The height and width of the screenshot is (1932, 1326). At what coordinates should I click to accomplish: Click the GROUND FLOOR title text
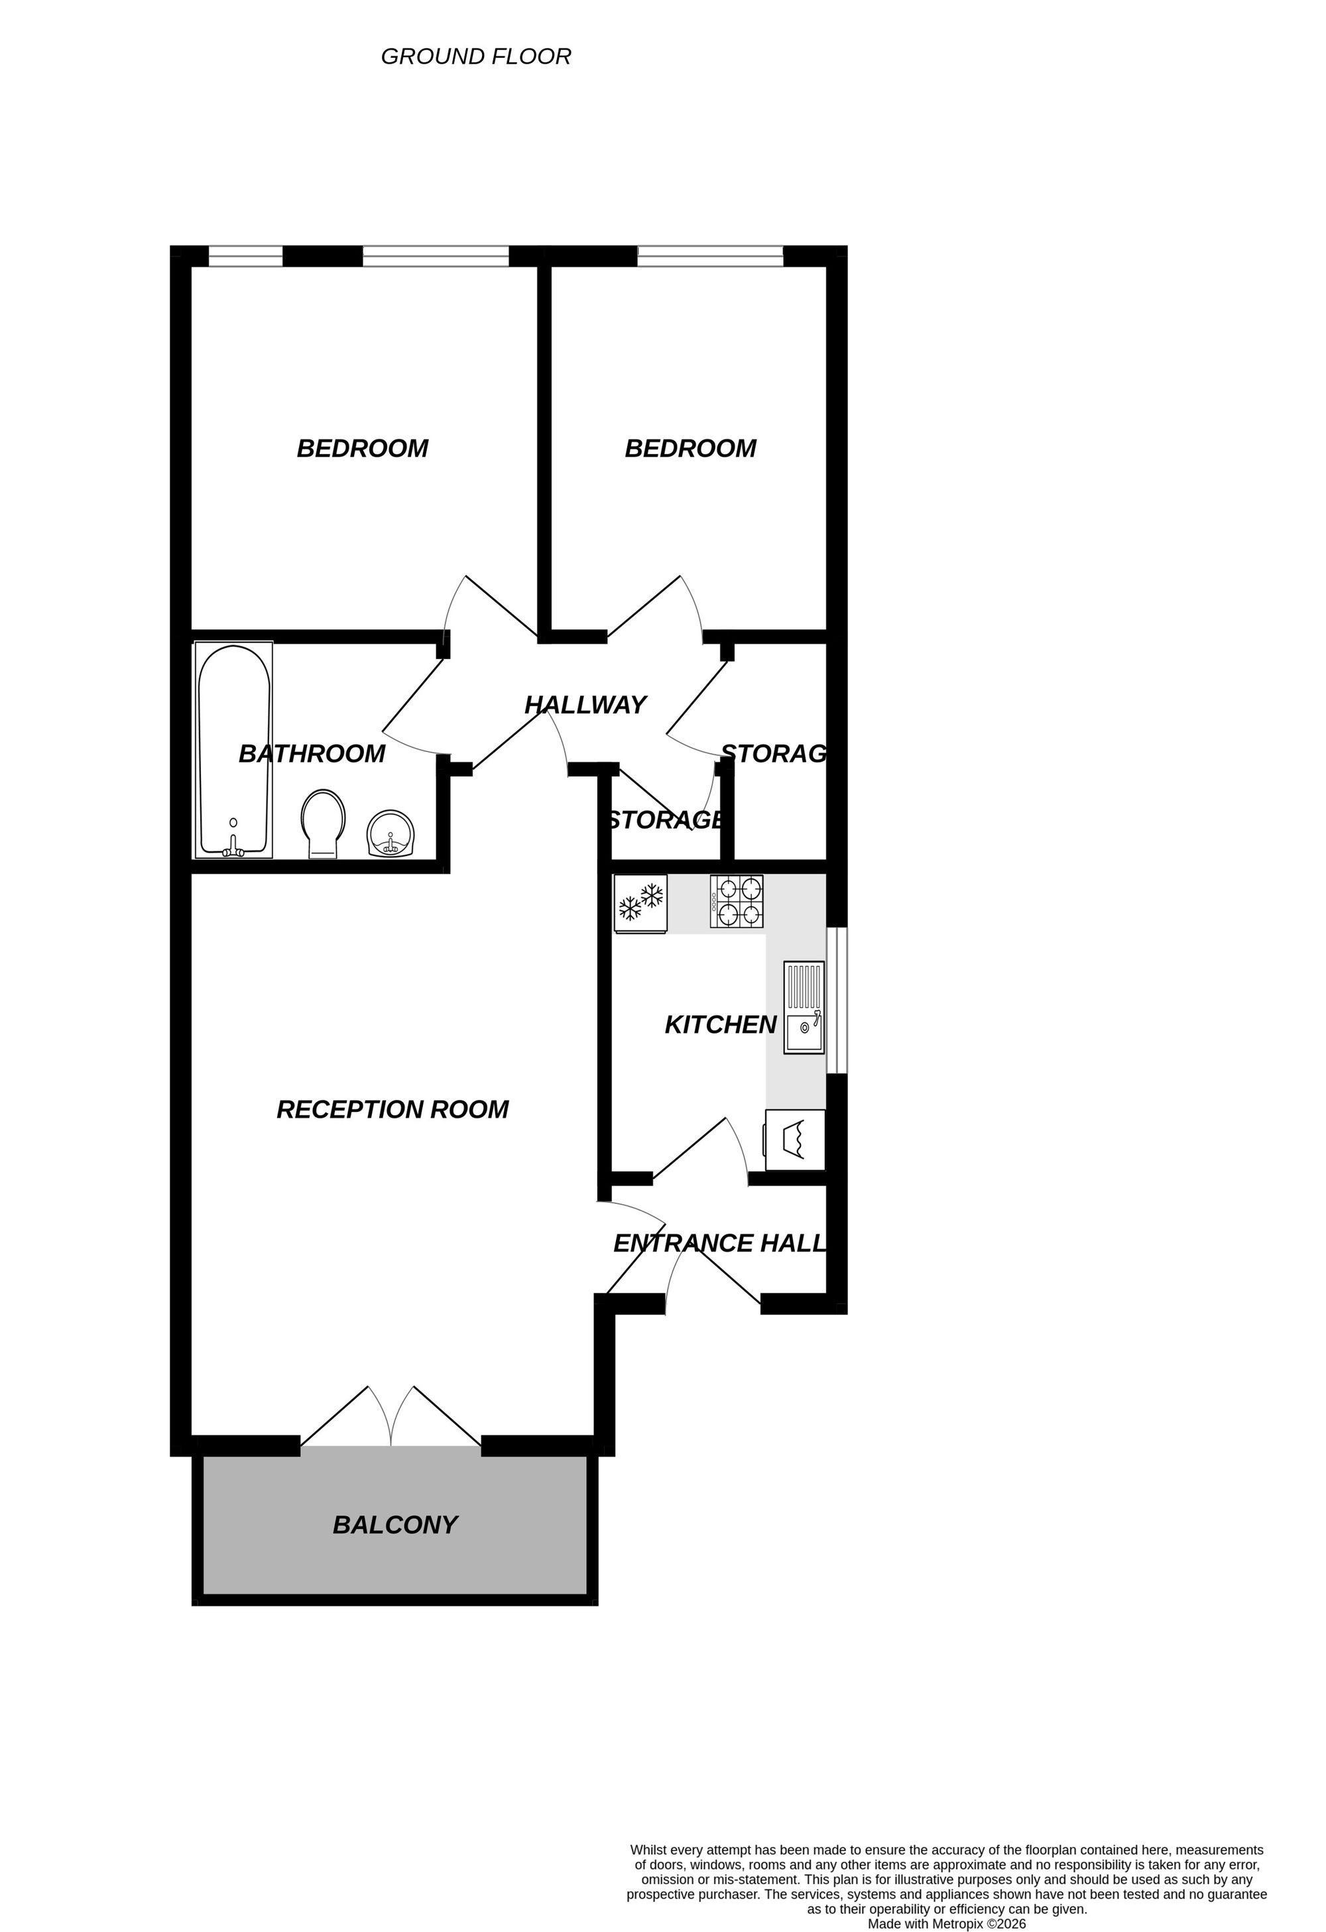[x=475, y=56]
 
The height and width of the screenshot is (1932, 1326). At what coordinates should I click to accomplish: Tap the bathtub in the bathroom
[x=233, y=751]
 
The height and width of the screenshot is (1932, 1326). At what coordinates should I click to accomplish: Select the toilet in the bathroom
[x=323, y=823]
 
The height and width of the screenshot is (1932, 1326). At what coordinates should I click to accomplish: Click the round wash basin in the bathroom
[x=391, y=834]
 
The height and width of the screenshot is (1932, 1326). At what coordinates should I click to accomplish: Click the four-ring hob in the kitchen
[x=737, y=902]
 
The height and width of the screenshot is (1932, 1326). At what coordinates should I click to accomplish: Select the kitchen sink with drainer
[x=804, y=1008]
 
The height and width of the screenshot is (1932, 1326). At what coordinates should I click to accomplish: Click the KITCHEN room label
[x=720, y=1025]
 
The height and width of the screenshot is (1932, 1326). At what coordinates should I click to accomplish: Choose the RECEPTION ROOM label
[x=392, y=1110]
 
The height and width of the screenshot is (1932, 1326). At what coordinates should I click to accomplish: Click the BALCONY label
[x=395, y=1525]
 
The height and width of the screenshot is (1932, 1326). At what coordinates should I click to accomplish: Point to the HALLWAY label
[x=585, y=705]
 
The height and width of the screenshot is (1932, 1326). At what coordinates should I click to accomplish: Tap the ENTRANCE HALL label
[x=720, y=1244]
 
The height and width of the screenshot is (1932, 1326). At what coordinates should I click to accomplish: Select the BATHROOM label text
[x=312, y=754]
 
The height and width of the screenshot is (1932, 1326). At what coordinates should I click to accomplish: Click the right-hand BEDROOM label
[x=690, y=449]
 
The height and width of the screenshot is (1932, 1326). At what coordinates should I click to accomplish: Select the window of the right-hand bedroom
[x=710, y=256]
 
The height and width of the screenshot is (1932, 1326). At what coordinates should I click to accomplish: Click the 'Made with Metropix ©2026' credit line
[x=946, y=1923]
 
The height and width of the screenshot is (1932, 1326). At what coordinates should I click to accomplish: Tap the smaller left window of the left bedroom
[x=245, y=256]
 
